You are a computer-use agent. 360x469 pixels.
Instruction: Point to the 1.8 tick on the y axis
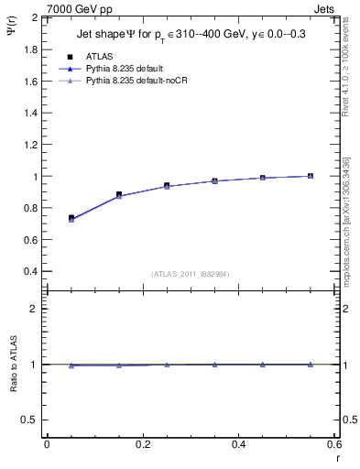(32, 49)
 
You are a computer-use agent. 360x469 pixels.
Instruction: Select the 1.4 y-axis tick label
(32, 113)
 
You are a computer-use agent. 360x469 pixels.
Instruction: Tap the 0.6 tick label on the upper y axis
(32, 240)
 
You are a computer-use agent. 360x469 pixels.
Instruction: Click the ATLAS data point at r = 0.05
(71, 218)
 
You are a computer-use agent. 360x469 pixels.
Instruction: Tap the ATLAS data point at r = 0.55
(311, 176)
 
